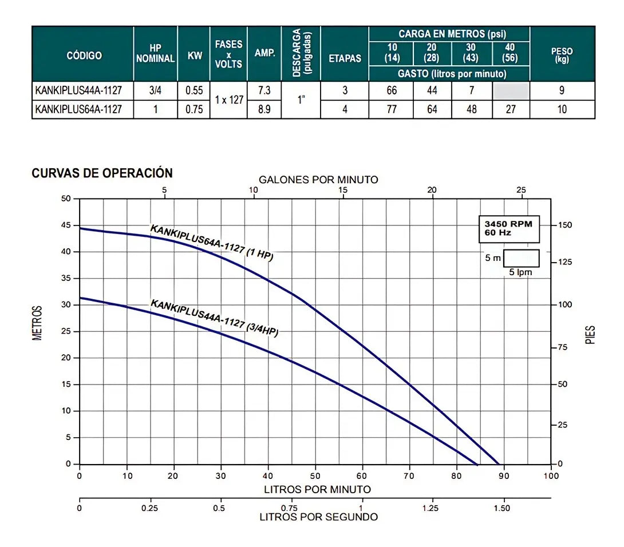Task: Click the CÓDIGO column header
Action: point(84,56)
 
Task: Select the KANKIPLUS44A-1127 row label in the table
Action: point(78,90)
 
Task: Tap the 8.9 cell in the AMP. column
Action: point(264,109)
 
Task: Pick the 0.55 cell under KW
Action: point(194,90)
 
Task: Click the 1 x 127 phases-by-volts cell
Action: point(229,100)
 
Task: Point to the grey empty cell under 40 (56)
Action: point(511,91)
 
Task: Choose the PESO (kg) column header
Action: point(562,55)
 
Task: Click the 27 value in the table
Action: point(511,109)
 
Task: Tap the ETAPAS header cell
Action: point(345,58)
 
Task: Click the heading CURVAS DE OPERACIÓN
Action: point(102,173)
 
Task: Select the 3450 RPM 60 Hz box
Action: point(509,229)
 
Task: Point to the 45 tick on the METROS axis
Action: point(66,225)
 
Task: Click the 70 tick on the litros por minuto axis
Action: point(409,476)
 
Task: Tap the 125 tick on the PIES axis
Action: point(564,261)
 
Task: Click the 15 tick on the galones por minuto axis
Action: point(343,190)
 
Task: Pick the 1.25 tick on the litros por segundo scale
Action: point(431,508)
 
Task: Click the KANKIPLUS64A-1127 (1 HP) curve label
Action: point(212,243)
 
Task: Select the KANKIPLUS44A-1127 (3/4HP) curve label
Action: point(214,318)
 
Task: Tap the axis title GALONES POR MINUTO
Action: point(318,180)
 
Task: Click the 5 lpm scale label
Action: point(520,272)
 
